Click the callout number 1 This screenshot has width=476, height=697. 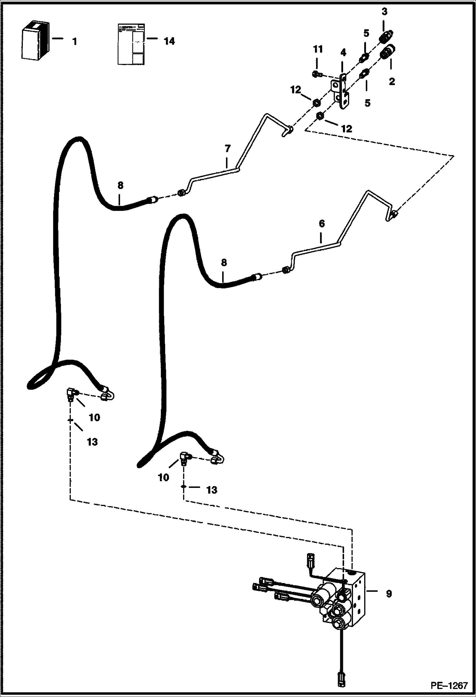coord(74,42)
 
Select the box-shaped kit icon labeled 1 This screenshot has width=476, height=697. coord(35,41)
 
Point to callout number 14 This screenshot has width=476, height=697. coord(169,41)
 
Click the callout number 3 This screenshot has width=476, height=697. coord(384,12)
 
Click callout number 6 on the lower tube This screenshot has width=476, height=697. coord(322,224)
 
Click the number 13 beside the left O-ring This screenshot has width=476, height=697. coord(92,442)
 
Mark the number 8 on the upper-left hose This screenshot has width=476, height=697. coord(120,185)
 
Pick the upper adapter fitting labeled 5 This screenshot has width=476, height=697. coord(364,58)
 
